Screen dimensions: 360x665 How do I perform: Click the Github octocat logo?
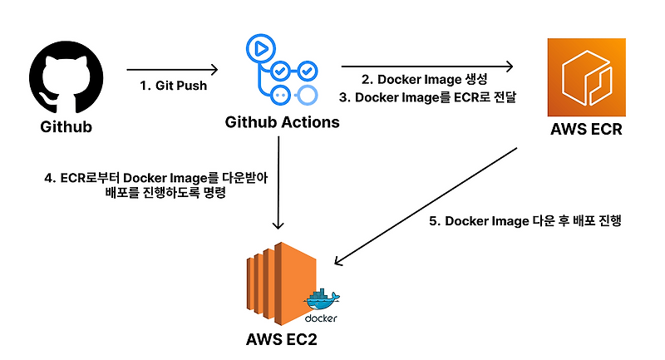pos(66,72)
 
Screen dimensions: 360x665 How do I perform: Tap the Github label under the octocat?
pos(66,127)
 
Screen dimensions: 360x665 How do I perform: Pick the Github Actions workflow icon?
pos(282,70)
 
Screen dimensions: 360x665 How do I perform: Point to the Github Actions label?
pos(282,122)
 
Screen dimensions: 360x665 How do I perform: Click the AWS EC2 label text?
pos(282,338)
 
